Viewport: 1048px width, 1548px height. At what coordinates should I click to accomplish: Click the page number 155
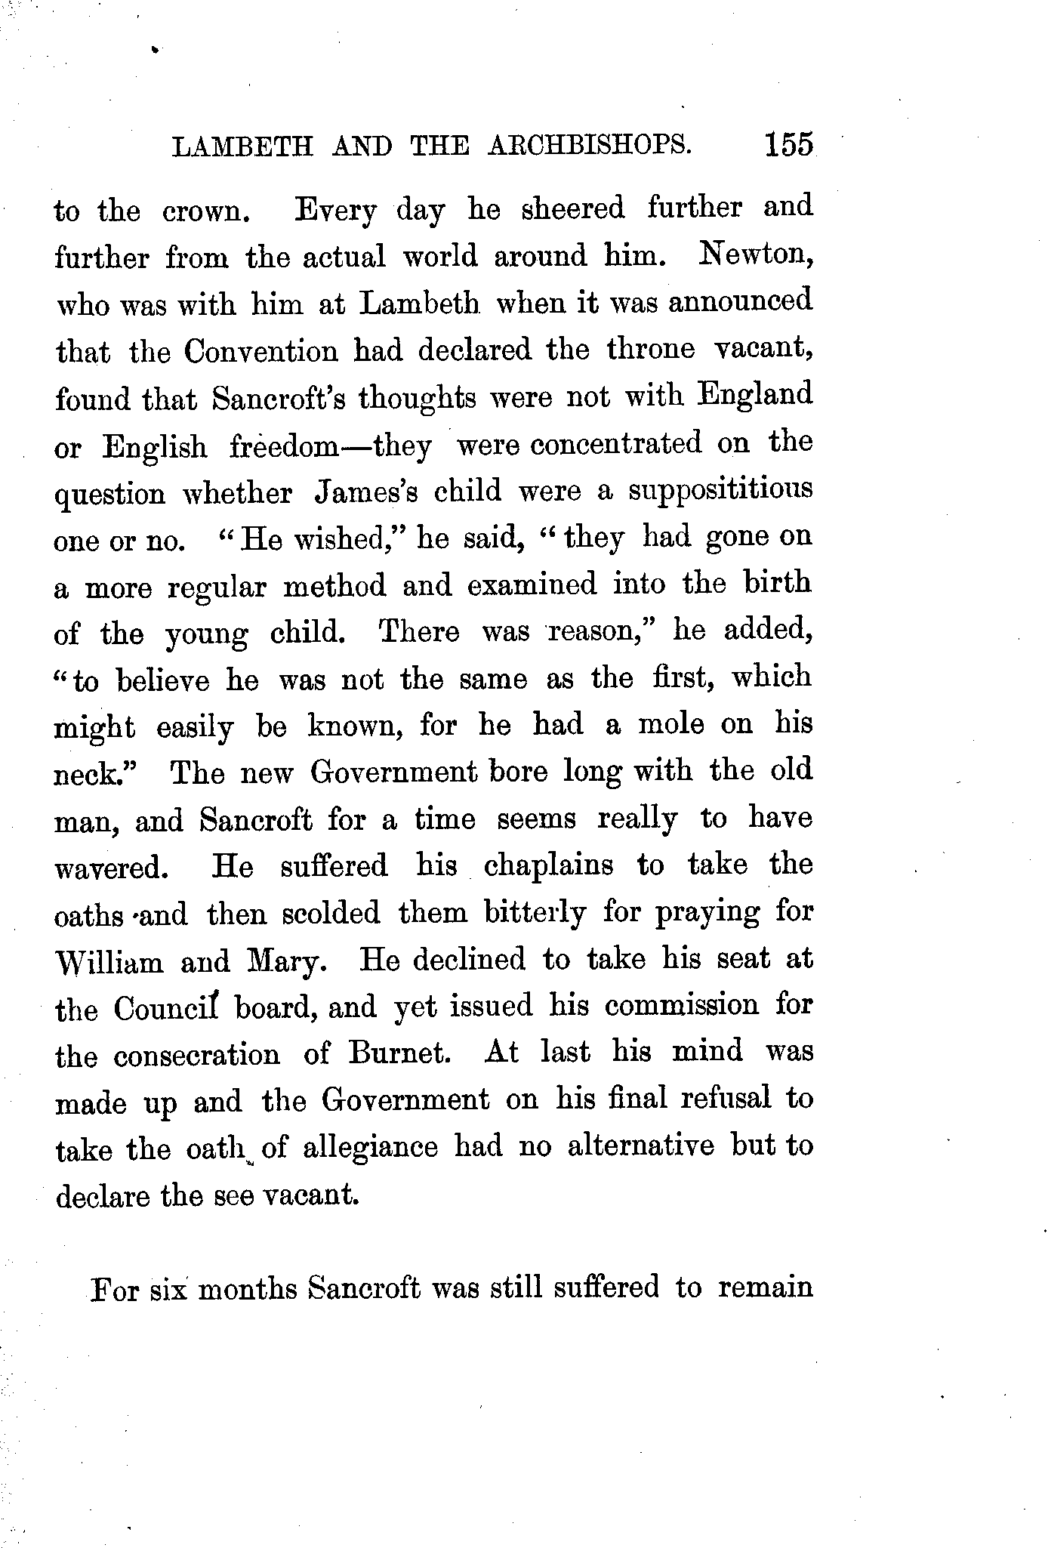pyautogui.click(x=788, y=144)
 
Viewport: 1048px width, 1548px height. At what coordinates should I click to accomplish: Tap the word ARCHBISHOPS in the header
pyautogui.click(x=589, y=145)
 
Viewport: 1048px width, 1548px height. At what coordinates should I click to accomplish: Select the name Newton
pyautogui.click(x=754, y=255)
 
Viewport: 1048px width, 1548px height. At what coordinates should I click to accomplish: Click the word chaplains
pyautogui.click(x=548, y=865)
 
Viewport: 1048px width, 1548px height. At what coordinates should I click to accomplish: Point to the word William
pyautogui.click(x=109, y=963)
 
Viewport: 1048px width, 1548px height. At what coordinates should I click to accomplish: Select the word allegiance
pyautogui.click(x=370, y=1148)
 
